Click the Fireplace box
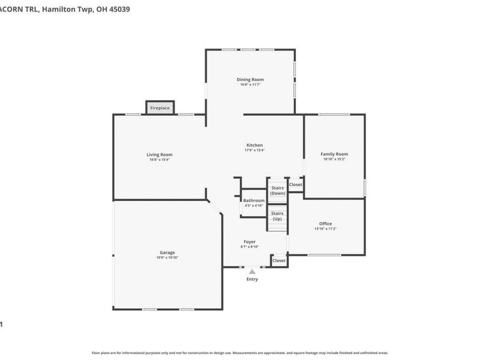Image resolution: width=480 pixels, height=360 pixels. coord(160,108)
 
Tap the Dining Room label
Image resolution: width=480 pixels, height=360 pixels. coord(250,79)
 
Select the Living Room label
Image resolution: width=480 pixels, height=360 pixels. coord(160,154)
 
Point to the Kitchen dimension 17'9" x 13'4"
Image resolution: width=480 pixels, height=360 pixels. coord(254,150)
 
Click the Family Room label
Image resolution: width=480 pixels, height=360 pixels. coord(334,154)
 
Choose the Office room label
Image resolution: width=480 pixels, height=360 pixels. coord(325,224)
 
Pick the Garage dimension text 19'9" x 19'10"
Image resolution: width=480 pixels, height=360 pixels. coord(167,257)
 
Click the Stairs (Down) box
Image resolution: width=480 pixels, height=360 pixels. coord(277,190)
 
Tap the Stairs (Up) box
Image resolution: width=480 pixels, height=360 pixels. coord(277,216)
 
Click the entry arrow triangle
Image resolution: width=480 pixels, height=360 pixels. coord(252,272)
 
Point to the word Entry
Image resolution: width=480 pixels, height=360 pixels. coord(252,279)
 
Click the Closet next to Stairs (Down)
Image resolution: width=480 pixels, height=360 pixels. coord(296,185)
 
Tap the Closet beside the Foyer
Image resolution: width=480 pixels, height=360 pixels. coord(279,260)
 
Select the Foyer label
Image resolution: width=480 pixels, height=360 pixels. coord(250,242)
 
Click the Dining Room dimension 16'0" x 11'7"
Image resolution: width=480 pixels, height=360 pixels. coord(250,85)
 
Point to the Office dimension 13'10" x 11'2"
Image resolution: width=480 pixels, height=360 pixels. coord(325,229)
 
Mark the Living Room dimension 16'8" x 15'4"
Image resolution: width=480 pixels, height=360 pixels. coord(160,160)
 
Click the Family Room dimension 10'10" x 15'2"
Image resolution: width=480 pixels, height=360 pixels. coord(334,160)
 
